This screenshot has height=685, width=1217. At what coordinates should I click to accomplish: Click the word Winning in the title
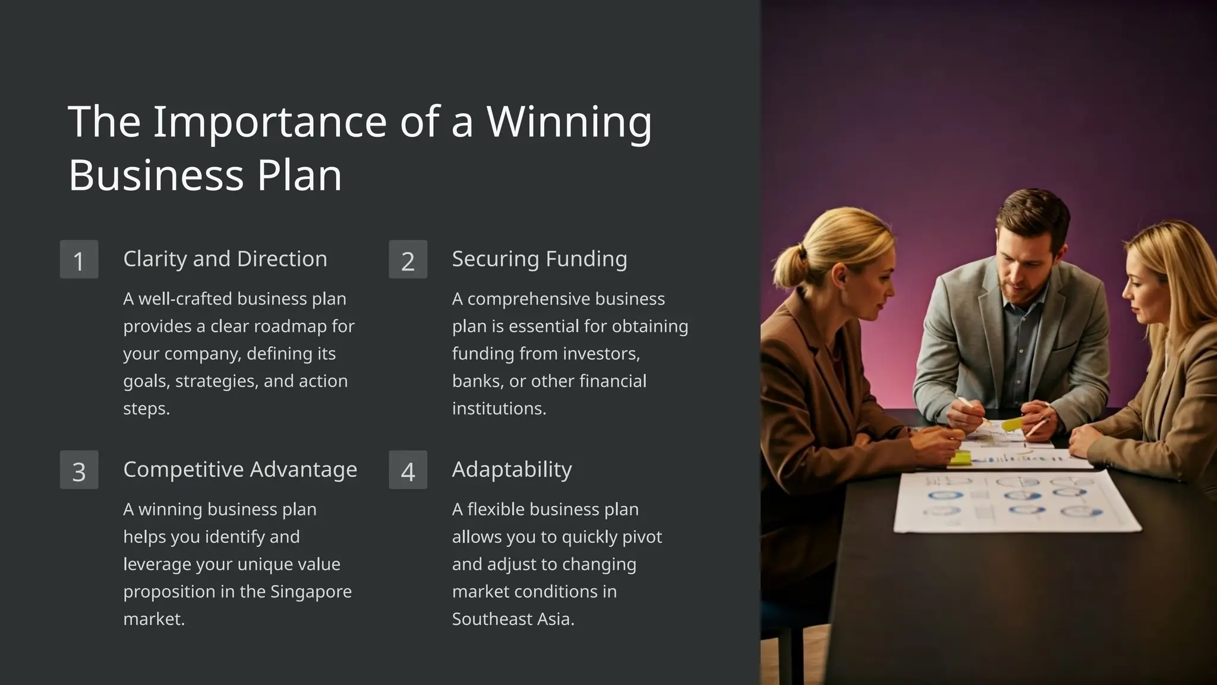569,122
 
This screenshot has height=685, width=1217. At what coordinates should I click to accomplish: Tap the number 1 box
79,260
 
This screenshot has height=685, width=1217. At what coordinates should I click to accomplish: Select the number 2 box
408,260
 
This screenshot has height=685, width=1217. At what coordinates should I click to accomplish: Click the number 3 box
79,470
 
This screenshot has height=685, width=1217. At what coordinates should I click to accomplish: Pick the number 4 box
408,470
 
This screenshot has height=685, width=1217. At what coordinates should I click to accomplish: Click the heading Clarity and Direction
225,259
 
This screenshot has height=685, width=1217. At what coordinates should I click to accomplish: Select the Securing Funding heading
539,259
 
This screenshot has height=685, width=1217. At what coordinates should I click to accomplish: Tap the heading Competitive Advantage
240,470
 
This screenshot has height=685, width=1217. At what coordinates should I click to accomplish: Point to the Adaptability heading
512,470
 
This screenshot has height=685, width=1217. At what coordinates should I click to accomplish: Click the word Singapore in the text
311,592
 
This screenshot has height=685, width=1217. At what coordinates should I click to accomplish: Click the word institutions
499,409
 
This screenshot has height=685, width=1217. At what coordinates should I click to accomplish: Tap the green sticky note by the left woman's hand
960,458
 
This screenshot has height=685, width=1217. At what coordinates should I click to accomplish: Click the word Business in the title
156,175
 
